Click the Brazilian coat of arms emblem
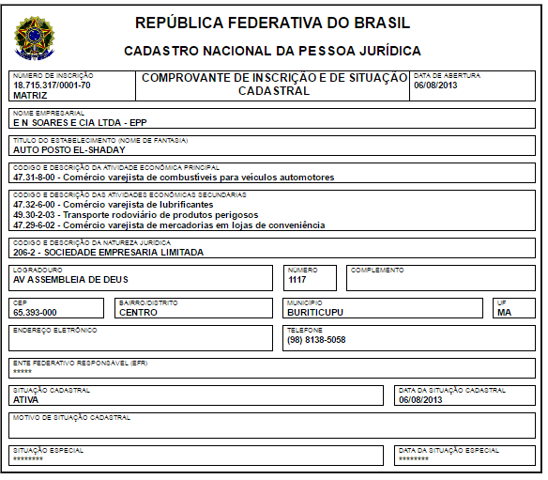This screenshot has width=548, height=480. pos(36,38)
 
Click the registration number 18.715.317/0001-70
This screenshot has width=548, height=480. pos(52,85)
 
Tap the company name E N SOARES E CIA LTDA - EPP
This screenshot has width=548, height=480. pos(80,122)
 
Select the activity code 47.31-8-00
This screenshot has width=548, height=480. pos(36,177)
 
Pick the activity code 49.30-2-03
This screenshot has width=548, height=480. pos(36,214)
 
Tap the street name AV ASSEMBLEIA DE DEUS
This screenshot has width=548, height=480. pos(70,279)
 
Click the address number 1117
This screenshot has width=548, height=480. pos(297,279)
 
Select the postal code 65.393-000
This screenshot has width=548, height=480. pos(35,313)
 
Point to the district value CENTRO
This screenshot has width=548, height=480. pos(138,313)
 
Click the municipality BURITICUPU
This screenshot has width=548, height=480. pos(315,313)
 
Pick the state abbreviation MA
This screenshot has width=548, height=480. pos(504,313)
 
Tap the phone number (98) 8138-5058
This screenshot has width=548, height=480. pos(317,340)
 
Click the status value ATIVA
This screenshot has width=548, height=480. pos(25,399)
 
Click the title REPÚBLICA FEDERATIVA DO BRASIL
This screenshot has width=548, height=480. pos(272,23)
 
